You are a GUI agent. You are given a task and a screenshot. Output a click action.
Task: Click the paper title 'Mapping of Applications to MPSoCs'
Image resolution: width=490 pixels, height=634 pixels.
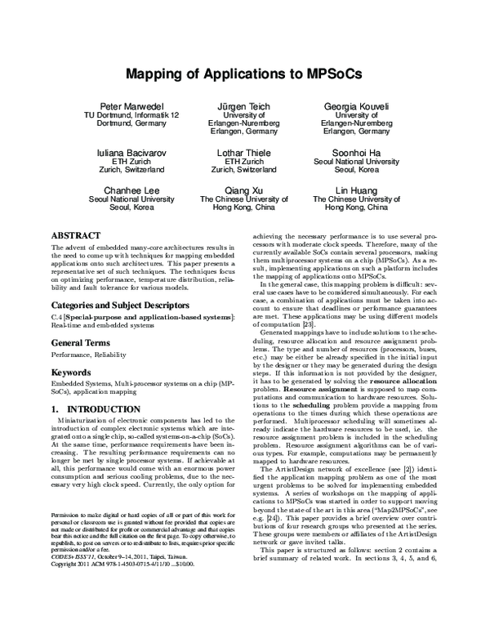[244, 73]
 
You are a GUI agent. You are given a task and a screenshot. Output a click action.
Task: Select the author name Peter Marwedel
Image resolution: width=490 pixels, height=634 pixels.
[132, 107]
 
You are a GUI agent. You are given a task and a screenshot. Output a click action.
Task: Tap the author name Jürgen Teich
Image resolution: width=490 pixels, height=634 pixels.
[244, 107]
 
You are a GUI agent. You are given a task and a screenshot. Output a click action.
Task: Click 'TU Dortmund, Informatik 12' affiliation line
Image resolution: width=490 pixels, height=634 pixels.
[132, 117]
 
